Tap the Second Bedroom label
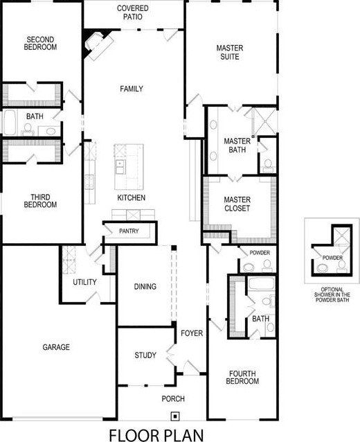pyautogui.click(x=41, y=43)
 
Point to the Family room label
pyautogui.click(x=131, y=89)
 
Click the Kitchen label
pyautogui.click(x=131, y=198)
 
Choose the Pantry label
pyautogui.click(x=129, y=231)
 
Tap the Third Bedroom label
pyautogui.click(x=40, y=200)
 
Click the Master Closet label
pyautogui.click(x=237, y=204)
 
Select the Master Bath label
pyautogui.click(x=237, y=145)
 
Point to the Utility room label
pyautogui.click(x=84, y=283)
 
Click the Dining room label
pyautogui.click(x=145, y=287)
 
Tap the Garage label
pyautogui.click(x=56, y=347)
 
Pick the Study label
pyautogui.click(x=145, y=356)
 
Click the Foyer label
pyautogui.click(x=192, y=333)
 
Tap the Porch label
pyautogui.click(x=173, y=398)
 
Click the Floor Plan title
pyautogui.click(x=157, y=434)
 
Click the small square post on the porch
pyautogui.click(x=175, y=416)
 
